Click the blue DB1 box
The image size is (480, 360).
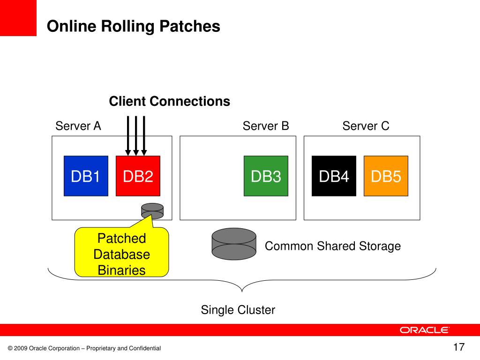click(86, 176)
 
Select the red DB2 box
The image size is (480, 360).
click(138, 176)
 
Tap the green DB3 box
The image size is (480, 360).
click(266, 176)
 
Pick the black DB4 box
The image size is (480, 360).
click(334, 176)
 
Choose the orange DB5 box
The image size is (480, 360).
click(386, 176)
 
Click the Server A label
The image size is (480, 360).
click(78, 126)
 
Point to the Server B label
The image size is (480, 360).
click(266, 126)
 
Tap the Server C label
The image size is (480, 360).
click(366, 126)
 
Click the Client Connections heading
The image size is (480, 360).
click(170, 101)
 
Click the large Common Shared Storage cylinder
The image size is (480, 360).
click(234, 244)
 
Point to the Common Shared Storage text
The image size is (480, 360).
click(333, 246)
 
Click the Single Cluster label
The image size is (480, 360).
click(238, 310)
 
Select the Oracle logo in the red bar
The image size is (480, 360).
click(424, 330)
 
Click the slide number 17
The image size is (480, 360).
click(459, 347)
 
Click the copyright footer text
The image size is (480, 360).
click(84, 348)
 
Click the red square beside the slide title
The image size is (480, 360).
click(18, 18)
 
